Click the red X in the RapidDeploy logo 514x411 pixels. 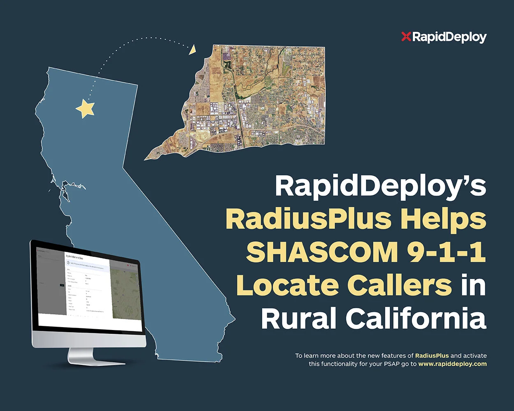406,37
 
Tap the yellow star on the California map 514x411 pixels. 86,108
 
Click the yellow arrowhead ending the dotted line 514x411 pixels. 192,50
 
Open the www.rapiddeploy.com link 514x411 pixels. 452,364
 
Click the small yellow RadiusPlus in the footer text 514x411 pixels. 432,355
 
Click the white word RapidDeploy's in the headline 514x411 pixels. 380,186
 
